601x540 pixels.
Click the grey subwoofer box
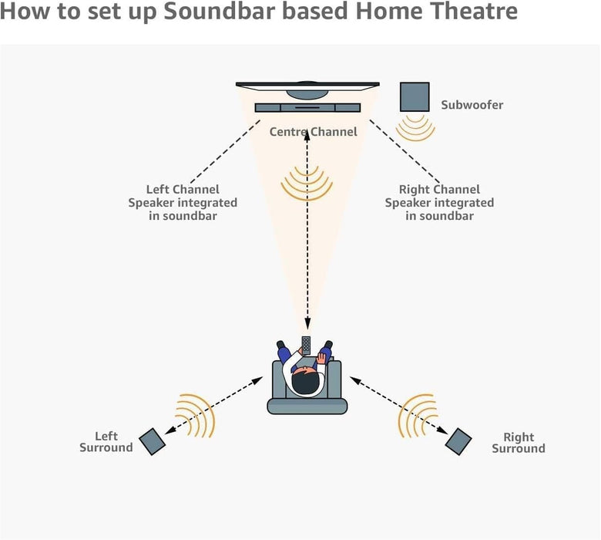coord(414,96)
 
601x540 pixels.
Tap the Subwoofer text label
coord(472,105)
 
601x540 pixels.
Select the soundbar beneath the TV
coord(307,109)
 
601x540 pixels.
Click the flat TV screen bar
coord(307,84)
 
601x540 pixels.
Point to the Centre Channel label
coord(313,132)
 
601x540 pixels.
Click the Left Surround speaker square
coord(152,441)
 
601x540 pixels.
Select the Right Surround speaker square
coord(458,440)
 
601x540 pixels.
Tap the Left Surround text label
coord(106,442)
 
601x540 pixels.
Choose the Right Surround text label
coord(519,443)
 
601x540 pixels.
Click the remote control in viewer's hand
coord(306,345)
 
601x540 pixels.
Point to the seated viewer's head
coord(308,380)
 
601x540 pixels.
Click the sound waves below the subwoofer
coord(416,127)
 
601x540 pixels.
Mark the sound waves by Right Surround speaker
coord(417,415)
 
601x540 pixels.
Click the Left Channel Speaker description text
coord(183,202)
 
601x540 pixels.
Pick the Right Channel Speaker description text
coord(439,202)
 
